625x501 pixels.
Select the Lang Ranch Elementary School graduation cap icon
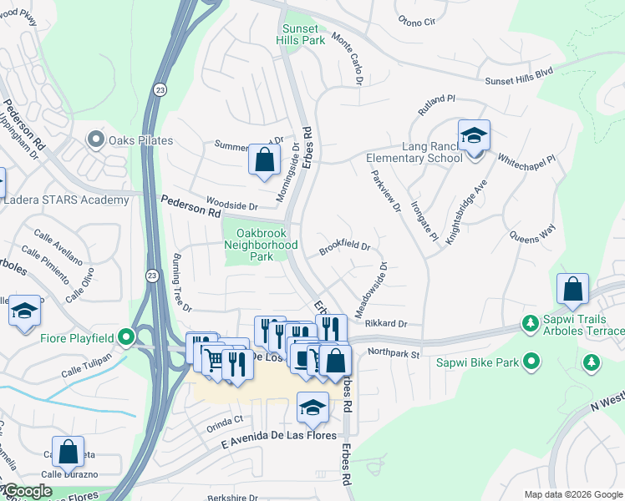(x=474, y=135)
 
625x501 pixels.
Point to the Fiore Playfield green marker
(x=126, y=337)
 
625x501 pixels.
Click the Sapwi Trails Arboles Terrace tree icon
(x=528, y=322)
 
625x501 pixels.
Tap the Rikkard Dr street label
(x=385, y=324)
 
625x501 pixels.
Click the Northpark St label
(x=392, y=353)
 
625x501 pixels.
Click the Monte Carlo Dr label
(x=348, y=58)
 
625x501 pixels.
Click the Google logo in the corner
(x=27, y=491)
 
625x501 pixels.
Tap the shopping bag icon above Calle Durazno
(x=68, y=451)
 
